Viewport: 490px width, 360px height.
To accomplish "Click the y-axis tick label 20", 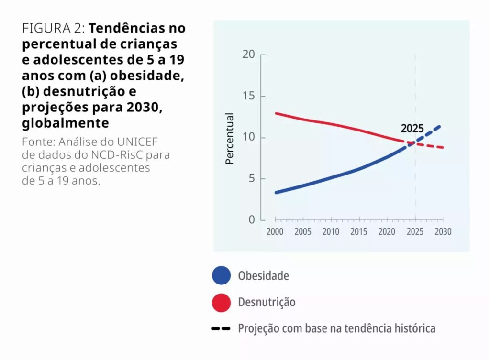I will pos(248,55).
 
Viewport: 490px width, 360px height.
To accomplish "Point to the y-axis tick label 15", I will pos(248,96).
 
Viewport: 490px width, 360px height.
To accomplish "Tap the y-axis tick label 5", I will pos(251,179).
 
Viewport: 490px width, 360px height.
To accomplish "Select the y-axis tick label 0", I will pos(251,220).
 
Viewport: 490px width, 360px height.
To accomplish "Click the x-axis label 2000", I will pos(275,232).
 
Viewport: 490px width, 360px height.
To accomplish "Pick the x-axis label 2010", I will pos(331,232).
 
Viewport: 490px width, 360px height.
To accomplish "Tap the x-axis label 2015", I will pos(359,232).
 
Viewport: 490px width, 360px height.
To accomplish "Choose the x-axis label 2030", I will pos(443,232).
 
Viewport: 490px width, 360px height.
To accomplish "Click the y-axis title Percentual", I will pos(230,139).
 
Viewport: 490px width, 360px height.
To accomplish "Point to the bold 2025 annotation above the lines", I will pos(412,129).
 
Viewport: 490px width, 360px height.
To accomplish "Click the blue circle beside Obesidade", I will pos(221,276).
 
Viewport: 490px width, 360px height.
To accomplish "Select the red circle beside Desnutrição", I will pos(221,302).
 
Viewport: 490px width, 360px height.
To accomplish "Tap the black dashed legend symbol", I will pos(221,329).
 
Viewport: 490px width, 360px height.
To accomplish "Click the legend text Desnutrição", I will pos(267,302).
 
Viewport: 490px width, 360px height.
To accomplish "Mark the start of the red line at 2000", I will pos(275,113).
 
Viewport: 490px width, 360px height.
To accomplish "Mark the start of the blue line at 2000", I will pos(275,192).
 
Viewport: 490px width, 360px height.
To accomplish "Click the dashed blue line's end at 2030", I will pos(440,126).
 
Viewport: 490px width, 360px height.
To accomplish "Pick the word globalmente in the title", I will pos(66,123).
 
